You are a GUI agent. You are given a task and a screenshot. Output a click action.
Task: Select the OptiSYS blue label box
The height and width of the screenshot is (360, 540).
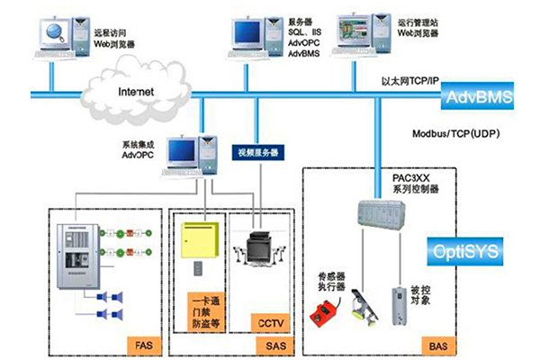[x=464, y=246]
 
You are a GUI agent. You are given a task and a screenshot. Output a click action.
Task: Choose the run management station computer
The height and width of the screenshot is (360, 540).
[x=354, y=31]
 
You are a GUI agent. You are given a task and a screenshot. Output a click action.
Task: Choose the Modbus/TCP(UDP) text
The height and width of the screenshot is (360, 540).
[x=455, y=132]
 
